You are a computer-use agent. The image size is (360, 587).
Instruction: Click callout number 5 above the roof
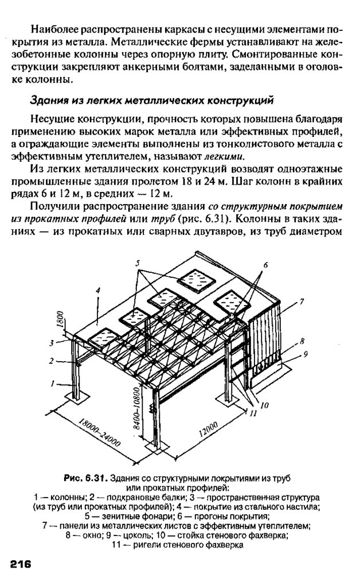[138, 263]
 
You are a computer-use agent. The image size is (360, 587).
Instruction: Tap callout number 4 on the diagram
[99, 291]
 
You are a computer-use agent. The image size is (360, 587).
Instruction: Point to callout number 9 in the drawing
[306, 354]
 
